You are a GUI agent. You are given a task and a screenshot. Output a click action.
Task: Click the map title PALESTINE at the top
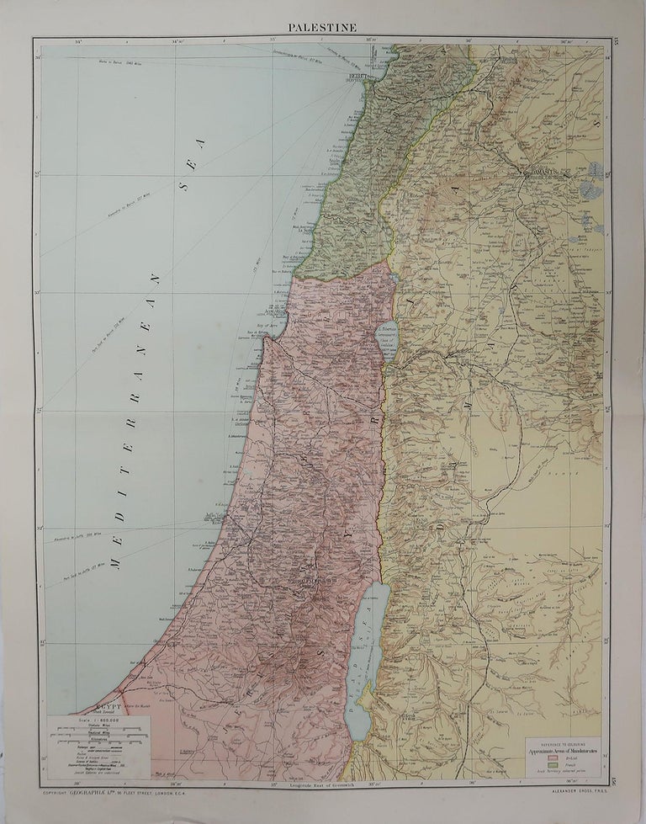pos(323,27)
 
